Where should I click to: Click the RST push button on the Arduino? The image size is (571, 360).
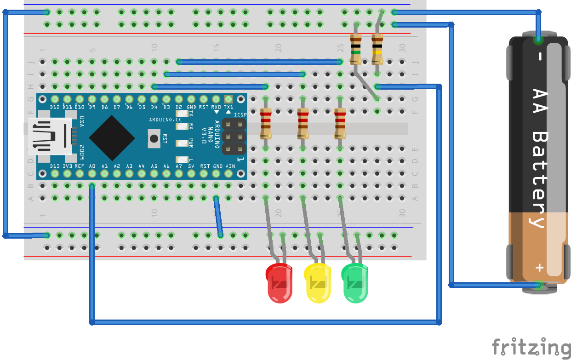click(154, 138)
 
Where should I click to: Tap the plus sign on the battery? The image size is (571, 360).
click(539, 268)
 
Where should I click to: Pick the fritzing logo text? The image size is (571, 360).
click(531, 347)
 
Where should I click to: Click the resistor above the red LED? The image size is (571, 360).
click(266, 123)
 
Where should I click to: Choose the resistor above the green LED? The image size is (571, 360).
click(340, 123)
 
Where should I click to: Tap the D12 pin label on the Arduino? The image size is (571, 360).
click(55, 107)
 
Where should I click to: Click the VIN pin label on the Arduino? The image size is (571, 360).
click(230, 166)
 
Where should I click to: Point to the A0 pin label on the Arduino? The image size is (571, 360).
click(92, 166)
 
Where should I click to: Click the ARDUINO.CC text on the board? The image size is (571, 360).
click(166, 119)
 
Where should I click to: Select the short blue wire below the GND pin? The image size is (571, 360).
click(218, 217)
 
